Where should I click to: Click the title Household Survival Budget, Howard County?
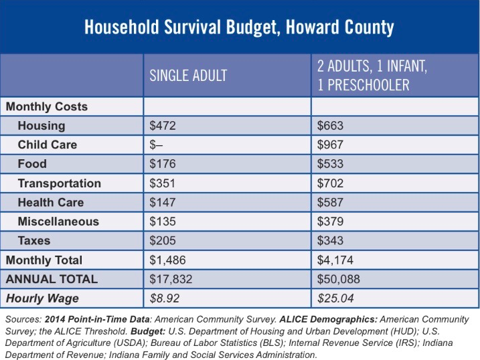[239, 27]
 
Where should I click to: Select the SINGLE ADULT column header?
[188, 76]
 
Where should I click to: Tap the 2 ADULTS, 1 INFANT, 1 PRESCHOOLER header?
[372, 75]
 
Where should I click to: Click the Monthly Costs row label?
[47, 106]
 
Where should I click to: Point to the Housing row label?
[42, 126]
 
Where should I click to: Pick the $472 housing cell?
[163, 126]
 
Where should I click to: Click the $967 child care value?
[330, 145]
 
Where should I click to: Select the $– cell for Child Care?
[156, 145]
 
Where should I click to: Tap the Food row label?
[32, 164]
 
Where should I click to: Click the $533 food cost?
[330, 164]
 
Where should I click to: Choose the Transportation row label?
[60, 183]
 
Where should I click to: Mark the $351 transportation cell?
[162, 183]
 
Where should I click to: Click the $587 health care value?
[330, 202]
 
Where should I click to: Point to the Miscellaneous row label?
[58, 221]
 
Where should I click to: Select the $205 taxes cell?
[163, 240]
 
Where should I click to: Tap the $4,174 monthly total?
[335, 260]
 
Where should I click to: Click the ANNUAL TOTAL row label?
[52, 279]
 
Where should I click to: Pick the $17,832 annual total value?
[171, 279]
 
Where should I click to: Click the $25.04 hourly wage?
[335, 298]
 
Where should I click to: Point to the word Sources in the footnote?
[23, 319]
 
